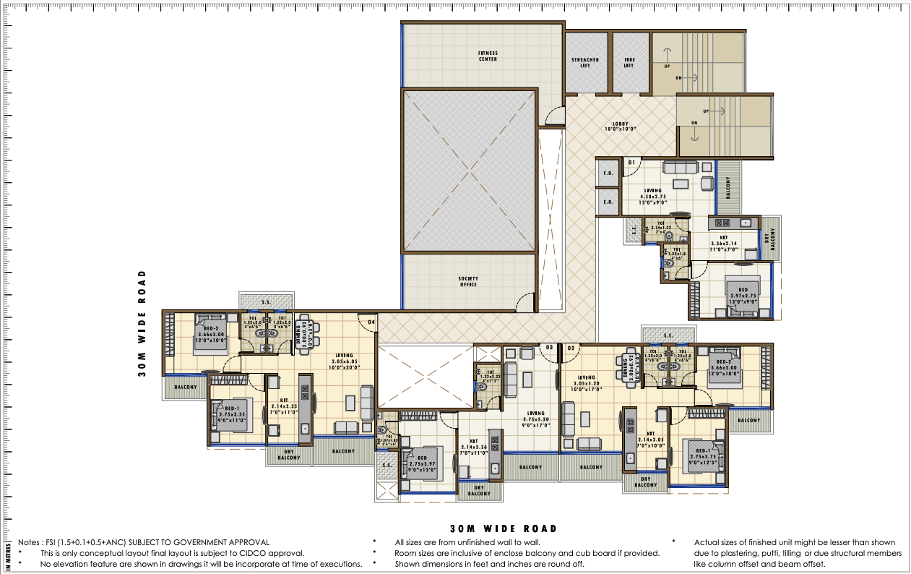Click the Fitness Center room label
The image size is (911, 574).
click(488, 56)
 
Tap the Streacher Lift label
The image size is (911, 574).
click(585, 62)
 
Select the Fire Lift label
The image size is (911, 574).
click(629, 62)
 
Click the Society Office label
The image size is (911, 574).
click(468, 281)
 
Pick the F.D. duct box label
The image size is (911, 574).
click(608, 174)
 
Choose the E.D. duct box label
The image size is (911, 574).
click(608, 202)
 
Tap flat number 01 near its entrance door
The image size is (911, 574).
click(631, 163)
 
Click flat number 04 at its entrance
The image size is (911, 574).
click(371, 321)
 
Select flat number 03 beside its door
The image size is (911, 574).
click(549, 348)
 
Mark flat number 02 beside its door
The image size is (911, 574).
click(570, 348)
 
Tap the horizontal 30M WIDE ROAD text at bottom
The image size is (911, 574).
click(503, 529)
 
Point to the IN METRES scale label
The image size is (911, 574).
click(7, 555)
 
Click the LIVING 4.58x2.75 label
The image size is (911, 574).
click(653, 194)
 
